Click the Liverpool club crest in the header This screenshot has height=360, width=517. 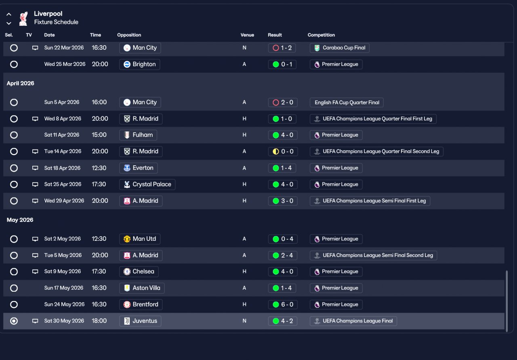pos(23,18)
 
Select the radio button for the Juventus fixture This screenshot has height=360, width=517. pos(14,321)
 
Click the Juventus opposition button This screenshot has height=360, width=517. pos(141,321)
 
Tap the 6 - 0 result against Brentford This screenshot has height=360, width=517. pos(282,304)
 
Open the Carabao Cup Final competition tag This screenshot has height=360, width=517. pos(339,48)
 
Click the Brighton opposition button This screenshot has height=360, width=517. pos(140,64)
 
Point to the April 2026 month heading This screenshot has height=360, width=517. pos(21,83)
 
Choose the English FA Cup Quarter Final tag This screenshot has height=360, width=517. pos(347,102)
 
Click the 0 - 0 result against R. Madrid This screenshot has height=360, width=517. pos(282,152)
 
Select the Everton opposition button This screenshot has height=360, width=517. pos(139,168)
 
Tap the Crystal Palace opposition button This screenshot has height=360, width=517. pos(147,184)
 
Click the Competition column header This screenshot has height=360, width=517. pos(321,35)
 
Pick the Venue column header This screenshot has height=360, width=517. pos(247,35)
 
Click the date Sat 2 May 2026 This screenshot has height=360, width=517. pos(63,239)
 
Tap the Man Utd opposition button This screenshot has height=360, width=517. pos(140,239)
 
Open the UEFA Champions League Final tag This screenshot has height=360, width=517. pos(353,321)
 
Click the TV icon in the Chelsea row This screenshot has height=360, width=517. pos(35,272)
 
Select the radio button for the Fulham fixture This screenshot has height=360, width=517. pos(14,135)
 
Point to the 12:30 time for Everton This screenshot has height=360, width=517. pos(99,168)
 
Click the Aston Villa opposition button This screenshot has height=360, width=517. pos(142,288)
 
